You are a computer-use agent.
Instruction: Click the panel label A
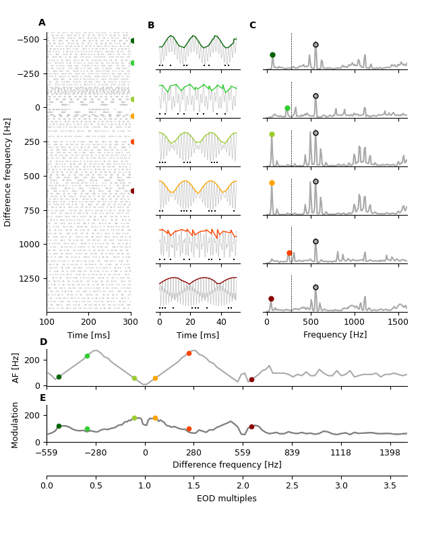pos(42,23)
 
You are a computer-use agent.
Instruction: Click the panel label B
pos(151,26)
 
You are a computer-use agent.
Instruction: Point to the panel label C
pos(252,26)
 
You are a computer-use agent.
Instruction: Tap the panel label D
pos(43,342)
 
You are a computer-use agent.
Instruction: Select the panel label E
pos(43,398)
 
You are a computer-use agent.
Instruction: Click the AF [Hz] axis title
pos(16,367)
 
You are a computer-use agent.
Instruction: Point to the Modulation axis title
pos(16,424)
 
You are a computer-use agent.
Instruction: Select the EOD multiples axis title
pos(226,499)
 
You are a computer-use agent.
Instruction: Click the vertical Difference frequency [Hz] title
pos(8,172)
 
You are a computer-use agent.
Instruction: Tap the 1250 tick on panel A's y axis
pos(29,278)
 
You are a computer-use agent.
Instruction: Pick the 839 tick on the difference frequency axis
pos(292,452)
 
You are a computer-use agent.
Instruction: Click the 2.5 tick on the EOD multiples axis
pos(292,485)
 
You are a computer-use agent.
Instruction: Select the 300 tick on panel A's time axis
pos(131,322)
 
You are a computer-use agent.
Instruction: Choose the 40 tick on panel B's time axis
pos(221,322)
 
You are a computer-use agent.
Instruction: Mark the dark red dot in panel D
pos(251,379)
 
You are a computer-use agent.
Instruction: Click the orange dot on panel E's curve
pos(155,418)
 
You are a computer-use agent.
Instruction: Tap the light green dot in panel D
pos(87,356)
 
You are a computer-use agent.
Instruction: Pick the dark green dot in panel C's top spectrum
pos(272,55)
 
